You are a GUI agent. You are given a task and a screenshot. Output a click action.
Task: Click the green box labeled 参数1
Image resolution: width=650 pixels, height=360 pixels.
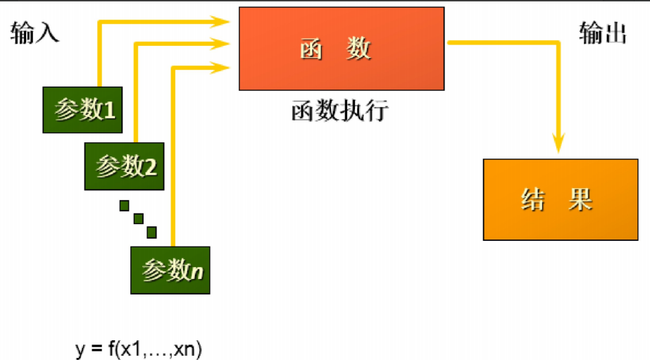click(x=83, y=110)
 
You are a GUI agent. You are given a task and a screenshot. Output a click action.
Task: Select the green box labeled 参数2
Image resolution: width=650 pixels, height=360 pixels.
click(x=125, y=166)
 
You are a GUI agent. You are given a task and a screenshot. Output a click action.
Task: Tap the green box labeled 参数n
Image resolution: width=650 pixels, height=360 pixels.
click(x=171, y=270)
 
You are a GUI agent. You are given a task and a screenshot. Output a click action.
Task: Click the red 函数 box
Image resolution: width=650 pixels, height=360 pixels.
click(x=342, y=49)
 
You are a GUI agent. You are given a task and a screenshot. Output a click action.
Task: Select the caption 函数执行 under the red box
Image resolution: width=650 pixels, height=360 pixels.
click(x=339, y=112)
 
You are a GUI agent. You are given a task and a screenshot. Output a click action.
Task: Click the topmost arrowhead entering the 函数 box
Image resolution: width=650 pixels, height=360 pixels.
click(x=225, y=22)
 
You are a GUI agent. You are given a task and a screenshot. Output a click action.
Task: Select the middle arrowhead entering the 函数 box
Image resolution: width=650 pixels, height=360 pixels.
click(x=225, y=44)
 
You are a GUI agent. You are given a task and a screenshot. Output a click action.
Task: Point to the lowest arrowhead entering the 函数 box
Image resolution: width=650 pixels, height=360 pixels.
click(x=225, y=68)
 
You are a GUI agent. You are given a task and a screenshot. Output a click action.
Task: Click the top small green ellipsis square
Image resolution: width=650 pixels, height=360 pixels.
click(x=125, y=206)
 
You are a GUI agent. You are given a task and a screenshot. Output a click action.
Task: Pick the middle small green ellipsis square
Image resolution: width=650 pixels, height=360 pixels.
click(x=138, y=218)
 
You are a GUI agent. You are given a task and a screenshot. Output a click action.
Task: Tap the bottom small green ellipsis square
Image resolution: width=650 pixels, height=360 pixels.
click(x=151, y=232)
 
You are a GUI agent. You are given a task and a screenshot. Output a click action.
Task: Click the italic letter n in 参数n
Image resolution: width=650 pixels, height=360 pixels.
click(x=197, y=271)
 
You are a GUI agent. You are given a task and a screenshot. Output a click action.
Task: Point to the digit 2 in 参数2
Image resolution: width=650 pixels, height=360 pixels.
click(x=149, y=167)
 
